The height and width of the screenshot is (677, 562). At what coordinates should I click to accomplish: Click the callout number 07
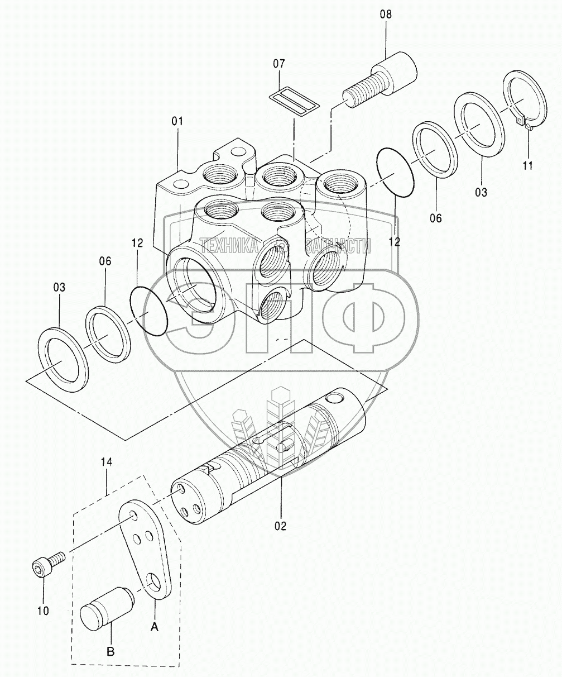(x=280, y=64)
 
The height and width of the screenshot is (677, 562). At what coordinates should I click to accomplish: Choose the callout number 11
(x=527, y=165)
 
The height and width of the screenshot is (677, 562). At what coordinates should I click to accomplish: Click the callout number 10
(x=43, y=611)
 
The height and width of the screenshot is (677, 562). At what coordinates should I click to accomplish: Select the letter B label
(x=111, y=652)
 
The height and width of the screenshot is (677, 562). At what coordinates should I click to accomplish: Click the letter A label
(x=155, y=627)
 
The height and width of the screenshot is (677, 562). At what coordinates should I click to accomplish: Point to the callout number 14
(x=107, y=462)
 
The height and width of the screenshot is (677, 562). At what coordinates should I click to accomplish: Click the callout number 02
(x=280, y=526)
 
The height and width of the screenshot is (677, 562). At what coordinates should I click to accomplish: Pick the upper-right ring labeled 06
(x=436, y=149)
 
